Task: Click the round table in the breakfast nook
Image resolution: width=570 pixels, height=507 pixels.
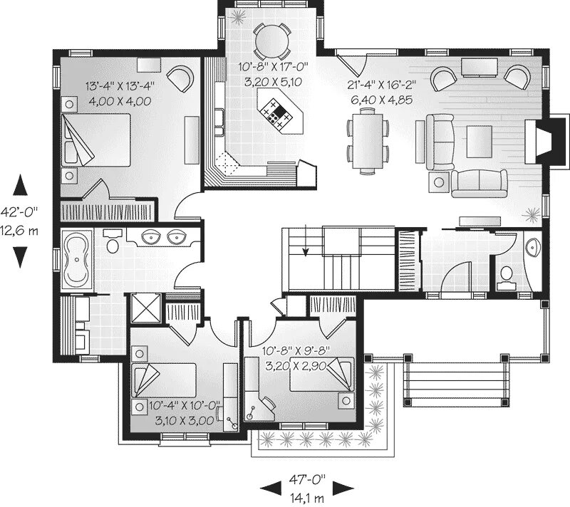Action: pos(272,41)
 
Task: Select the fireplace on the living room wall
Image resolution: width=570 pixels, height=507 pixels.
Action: pos(545,140)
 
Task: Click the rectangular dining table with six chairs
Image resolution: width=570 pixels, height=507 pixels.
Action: pos(368,141)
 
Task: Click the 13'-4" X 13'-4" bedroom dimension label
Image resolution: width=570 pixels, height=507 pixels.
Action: pos(120,87)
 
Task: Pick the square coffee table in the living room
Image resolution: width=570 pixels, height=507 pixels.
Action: pos(480,142)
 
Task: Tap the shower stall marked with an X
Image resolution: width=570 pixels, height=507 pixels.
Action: pos(146,308)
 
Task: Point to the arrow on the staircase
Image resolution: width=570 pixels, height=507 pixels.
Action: pos(306,241)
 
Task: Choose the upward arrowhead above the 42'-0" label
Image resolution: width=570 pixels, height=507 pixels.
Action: pos(21,184)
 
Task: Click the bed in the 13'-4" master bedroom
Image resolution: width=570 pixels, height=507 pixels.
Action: pos(96,140)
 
